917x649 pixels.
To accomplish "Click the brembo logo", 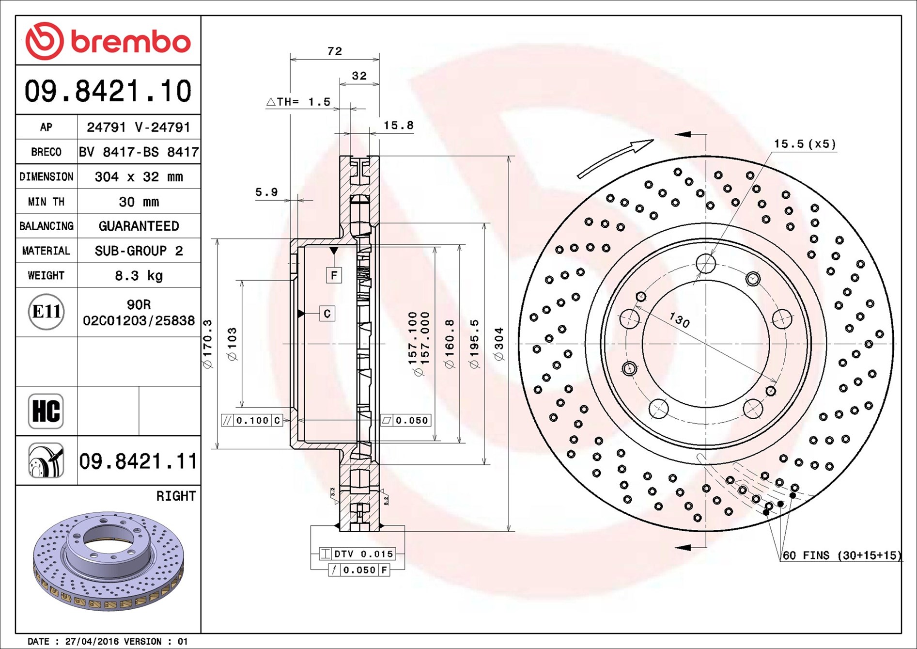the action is [108, 41].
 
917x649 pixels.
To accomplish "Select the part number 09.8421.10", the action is [108, 91].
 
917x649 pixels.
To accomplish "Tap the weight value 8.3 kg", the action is [139, 276].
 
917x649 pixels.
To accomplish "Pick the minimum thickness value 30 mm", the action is [139, 202].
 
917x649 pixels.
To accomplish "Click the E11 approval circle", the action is [46, 312].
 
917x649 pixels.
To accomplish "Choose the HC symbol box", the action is [46, 411].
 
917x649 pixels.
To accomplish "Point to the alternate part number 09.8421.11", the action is [138, 461].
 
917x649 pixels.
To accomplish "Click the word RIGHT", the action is [176, 496].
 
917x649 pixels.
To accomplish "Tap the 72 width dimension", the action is [335, 51].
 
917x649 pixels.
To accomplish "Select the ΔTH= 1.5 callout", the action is [298, 102].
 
